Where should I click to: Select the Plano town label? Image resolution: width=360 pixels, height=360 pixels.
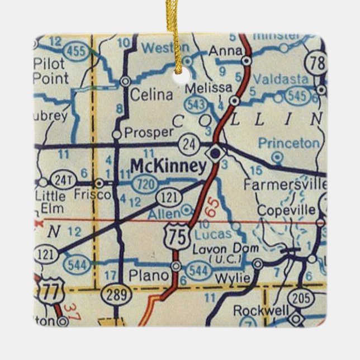148,275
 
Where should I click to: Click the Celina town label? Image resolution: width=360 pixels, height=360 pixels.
151,95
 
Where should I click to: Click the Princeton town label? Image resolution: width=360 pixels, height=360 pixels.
289,143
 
